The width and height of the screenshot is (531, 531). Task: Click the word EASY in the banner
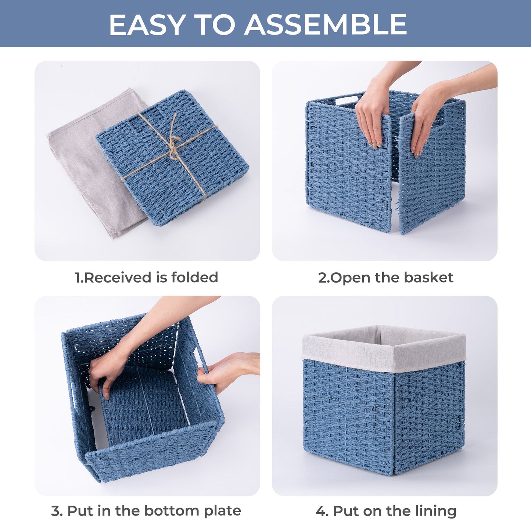coord(146,24)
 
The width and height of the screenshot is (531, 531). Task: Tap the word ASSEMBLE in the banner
coord(326,24)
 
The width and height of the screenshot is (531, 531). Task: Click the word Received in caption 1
coord(118,277)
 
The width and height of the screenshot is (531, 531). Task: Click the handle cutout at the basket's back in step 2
coord(348,100)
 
